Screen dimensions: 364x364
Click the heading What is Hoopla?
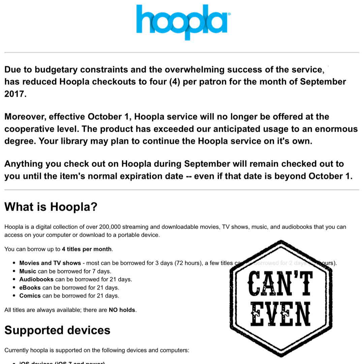[51, 207]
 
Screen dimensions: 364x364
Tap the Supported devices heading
[57, 330]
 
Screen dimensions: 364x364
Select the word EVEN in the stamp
[280, 314]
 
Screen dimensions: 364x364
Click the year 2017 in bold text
[15, 94]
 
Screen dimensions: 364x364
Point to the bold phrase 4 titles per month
[87, 249]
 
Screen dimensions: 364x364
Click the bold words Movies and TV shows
[50, 263]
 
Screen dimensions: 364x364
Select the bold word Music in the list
[28, 271]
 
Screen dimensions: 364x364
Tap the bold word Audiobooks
[36, 279]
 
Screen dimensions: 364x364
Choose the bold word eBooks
[30, 288]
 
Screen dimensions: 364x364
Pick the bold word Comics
[30, 296]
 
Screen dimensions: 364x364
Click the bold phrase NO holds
[122, 310]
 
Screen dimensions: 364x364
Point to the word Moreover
[25, 117]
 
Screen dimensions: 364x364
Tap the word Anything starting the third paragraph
[24, 164]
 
